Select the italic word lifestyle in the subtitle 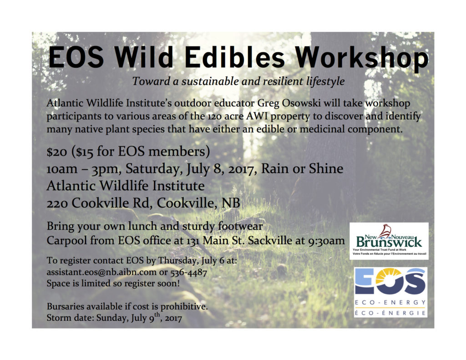326,81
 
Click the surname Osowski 300,103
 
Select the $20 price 57,152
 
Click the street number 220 57,203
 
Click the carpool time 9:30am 326,240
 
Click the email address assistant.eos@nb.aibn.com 101,272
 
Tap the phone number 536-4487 188,272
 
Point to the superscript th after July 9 157,315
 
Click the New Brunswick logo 389,241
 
